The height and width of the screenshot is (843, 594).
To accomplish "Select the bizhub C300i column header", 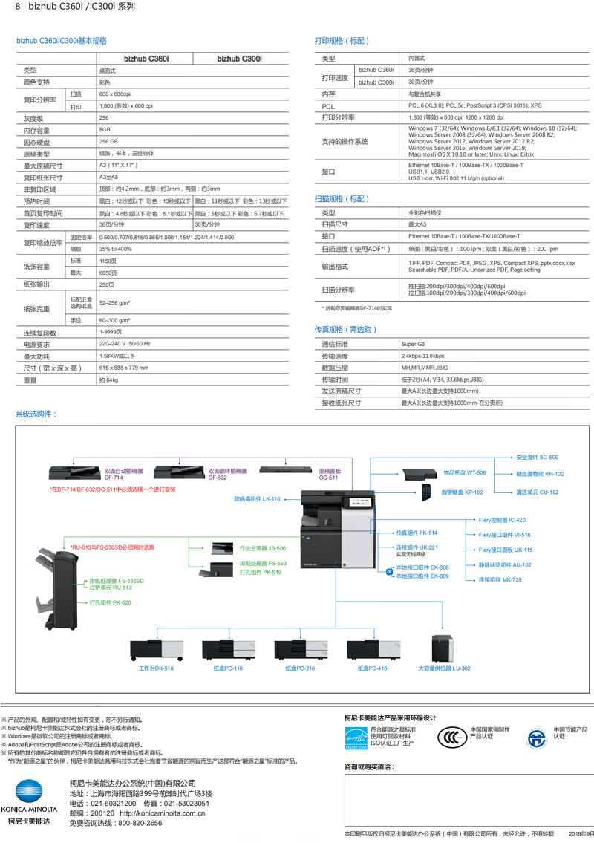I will pos(239,59).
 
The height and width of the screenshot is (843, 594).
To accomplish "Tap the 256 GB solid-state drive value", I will pos(109,141).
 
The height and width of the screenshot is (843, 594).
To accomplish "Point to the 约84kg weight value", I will pos(108,380).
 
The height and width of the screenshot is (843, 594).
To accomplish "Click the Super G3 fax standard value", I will pos(414,345).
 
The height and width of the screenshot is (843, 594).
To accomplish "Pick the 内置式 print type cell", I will pos(417,58).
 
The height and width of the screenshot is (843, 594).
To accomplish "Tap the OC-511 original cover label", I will pos(329,474).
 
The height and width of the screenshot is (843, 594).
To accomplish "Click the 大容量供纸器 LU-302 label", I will pos(444,668).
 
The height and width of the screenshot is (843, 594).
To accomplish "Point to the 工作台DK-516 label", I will pos(156,668).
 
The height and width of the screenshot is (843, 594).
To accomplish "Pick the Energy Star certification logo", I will pos(356,737).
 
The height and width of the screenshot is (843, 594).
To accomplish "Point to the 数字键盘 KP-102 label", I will pos(462,492).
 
